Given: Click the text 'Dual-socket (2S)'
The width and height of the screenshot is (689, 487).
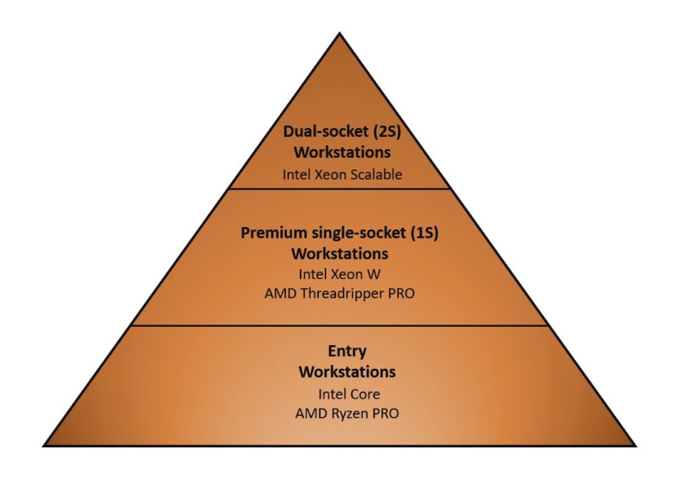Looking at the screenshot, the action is tap(342, 131).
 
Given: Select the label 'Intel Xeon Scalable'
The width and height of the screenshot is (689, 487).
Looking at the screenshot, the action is tap(342, 174).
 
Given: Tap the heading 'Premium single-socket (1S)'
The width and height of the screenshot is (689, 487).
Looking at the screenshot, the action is tap(339, 232).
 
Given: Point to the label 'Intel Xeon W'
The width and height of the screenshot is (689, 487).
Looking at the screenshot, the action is tap(339, 274).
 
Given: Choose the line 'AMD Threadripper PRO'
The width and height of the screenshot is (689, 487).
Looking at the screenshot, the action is tap(339, 294).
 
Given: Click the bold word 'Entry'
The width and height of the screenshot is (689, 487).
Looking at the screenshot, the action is tap(347, 351).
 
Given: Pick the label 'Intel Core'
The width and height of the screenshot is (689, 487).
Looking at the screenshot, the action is tap(349, 394).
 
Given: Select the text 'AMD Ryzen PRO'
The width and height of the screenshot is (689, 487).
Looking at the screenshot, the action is tap(347, 414).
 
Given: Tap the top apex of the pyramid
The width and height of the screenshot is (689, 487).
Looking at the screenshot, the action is tap(339, 33).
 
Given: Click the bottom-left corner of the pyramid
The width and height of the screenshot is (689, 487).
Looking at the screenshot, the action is tap(44, 446).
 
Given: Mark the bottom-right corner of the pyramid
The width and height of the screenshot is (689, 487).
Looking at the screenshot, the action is tap(636, 446).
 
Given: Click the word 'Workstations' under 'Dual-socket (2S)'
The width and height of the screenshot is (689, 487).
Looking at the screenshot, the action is tap(342, 152).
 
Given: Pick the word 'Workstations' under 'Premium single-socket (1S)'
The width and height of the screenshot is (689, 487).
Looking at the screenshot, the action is tap(340, 254).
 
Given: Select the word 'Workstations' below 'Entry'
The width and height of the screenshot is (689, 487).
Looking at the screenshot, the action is tap(347, 372).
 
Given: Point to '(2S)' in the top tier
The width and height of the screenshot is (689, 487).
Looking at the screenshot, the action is tap(387, 131).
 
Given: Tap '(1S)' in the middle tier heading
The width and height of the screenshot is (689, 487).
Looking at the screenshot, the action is tap(425, 232).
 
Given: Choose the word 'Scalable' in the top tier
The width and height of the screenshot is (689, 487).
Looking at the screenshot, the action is tap(380, 174).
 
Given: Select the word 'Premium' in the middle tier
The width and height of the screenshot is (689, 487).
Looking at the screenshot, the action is tap(268, 232).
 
